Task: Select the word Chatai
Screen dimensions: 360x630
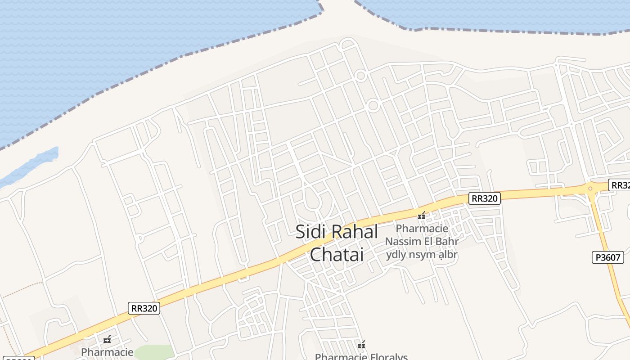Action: pos(337,254)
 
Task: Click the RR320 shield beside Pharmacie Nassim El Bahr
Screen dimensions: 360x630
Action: pos(484,198)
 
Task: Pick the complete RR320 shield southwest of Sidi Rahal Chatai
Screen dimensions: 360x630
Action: pos(144,308)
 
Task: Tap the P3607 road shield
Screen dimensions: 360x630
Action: pos(607,257)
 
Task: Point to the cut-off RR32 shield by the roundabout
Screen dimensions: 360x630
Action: pos(620,185)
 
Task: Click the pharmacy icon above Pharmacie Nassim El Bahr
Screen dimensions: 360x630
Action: pos(422,216)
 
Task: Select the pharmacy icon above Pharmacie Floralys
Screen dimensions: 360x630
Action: pos(361,345)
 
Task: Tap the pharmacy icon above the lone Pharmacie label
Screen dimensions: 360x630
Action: pos(107,339)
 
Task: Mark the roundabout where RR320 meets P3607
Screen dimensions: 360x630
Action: pos(590,189)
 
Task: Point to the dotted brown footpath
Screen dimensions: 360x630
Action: pos(18,292)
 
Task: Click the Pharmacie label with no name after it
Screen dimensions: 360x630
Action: pos(107,352)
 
